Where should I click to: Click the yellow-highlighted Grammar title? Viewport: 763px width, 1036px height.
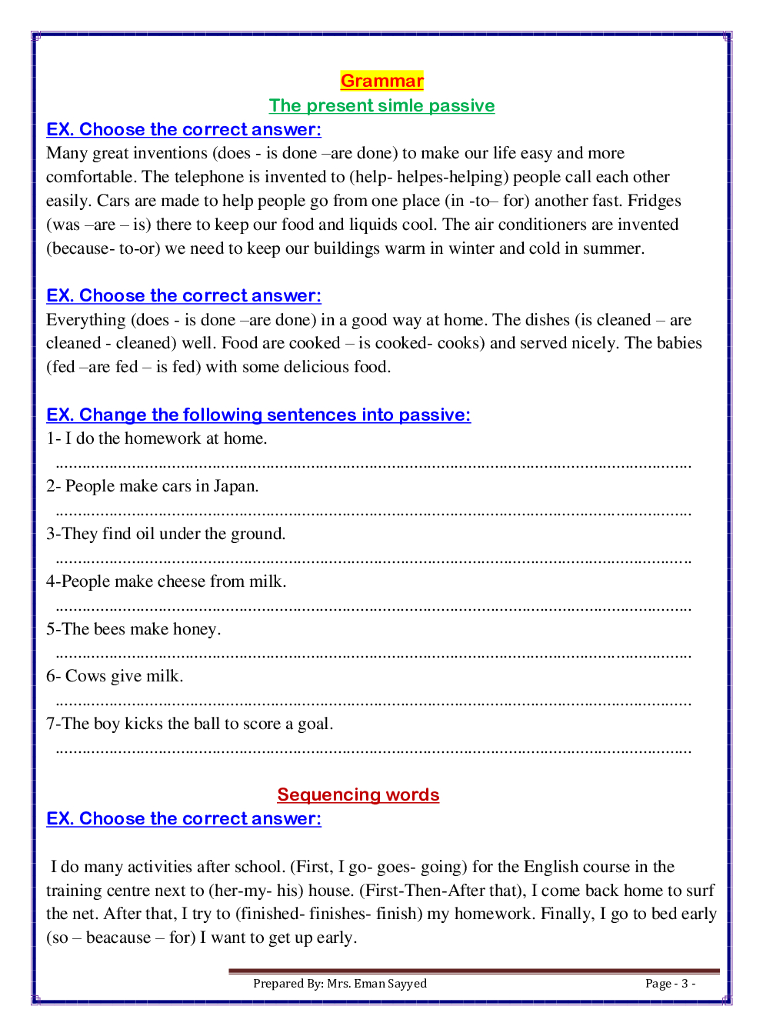point(381,81)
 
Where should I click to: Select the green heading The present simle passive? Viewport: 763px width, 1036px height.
point(381,105)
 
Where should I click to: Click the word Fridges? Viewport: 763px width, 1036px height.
point(654,201)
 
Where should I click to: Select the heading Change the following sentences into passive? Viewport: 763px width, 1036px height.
point(258,415)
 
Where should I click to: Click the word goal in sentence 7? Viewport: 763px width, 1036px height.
point(315,724)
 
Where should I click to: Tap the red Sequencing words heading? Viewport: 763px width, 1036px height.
point(358,794)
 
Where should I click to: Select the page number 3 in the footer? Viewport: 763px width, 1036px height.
point(685,984)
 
